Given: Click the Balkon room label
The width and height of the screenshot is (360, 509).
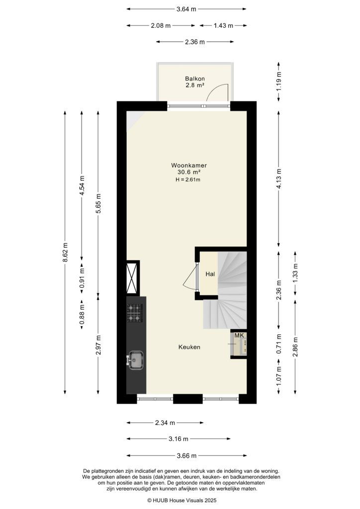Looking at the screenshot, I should coord(195,79).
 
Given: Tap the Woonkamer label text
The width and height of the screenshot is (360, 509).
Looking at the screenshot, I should coord(189,166).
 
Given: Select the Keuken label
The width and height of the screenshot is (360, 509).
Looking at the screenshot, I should coord(189,347).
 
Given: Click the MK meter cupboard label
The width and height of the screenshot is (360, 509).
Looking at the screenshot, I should coord(239,336).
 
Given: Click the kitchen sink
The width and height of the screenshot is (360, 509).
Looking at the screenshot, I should coord(135,360).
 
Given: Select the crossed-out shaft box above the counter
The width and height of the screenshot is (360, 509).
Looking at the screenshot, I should coord(133,278).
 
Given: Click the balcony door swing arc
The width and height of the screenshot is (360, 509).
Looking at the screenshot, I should coord(218,91).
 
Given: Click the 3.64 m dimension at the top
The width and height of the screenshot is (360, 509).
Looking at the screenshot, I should coord(186,8).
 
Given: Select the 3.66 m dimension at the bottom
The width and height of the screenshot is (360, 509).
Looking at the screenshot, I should coord(187,455).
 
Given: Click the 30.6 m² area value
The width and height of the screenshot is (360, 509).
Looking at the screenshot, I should coord(189,172).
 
